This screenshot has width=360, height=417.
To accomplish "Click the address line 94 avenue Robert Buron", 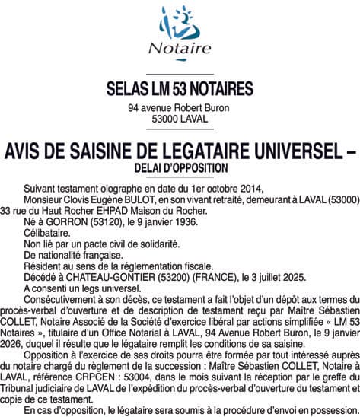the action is pos(180,109).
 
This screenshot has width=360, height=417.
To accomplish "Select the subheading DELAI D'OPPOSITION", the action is pos(180,166).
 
